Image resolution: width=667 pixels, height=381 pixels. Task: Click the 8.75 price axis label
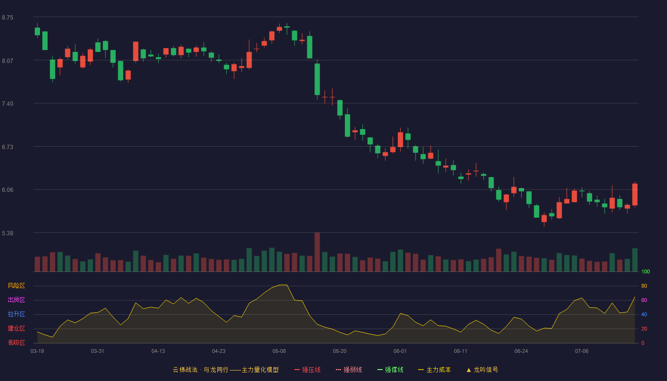point(8,18)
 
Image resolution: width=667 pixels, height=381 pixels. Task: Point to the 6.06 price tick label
point(8,190)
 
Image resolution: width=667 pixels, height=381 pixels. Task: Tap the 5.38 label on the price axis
point(8,233)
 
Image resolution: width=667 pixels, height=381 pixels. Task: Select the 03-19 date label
point(37,351)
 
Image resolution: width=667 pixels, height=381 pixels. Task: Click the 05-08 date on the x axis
point(279,351)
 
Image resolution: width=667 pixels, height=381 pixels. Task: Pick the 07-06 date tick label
point(582,351)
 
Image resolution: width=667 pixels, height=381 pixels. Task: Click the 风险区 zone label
point(16,286)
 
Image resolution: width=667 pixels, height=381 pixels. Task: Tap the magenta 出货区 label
point(16,300)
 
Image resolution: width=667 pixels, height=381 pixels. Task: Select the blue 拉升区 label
point(16,314)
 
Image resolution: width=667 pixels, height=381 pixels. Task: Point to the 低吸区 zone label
point(16,342)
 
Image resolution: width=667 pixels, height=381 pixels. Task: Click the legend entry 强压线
point(307,370)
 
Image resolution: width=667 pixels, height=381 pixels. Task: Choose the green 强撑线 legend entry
point(390,370)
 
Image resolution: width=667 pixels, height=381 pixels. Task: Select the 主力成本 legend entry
point(435,370)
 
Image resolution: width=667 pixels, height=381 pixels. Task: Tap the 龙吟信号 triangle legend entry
point(482,370)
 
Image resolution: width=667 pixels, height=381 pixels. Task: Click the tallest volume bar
point(317,252)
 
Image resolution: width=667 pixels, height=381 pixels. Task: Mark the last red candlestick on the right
point(635,194)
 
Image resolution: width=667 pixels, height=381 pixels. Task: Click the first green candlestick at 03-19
point(37,31)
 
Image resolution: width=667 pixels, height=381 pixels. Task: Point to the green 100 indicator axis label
point(646,271)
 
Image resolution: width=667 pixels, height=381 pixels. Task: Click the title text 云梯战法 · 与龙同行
point(201,370)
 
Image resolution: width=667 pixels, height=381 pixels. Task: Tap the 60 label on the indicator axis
point(644,300)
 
